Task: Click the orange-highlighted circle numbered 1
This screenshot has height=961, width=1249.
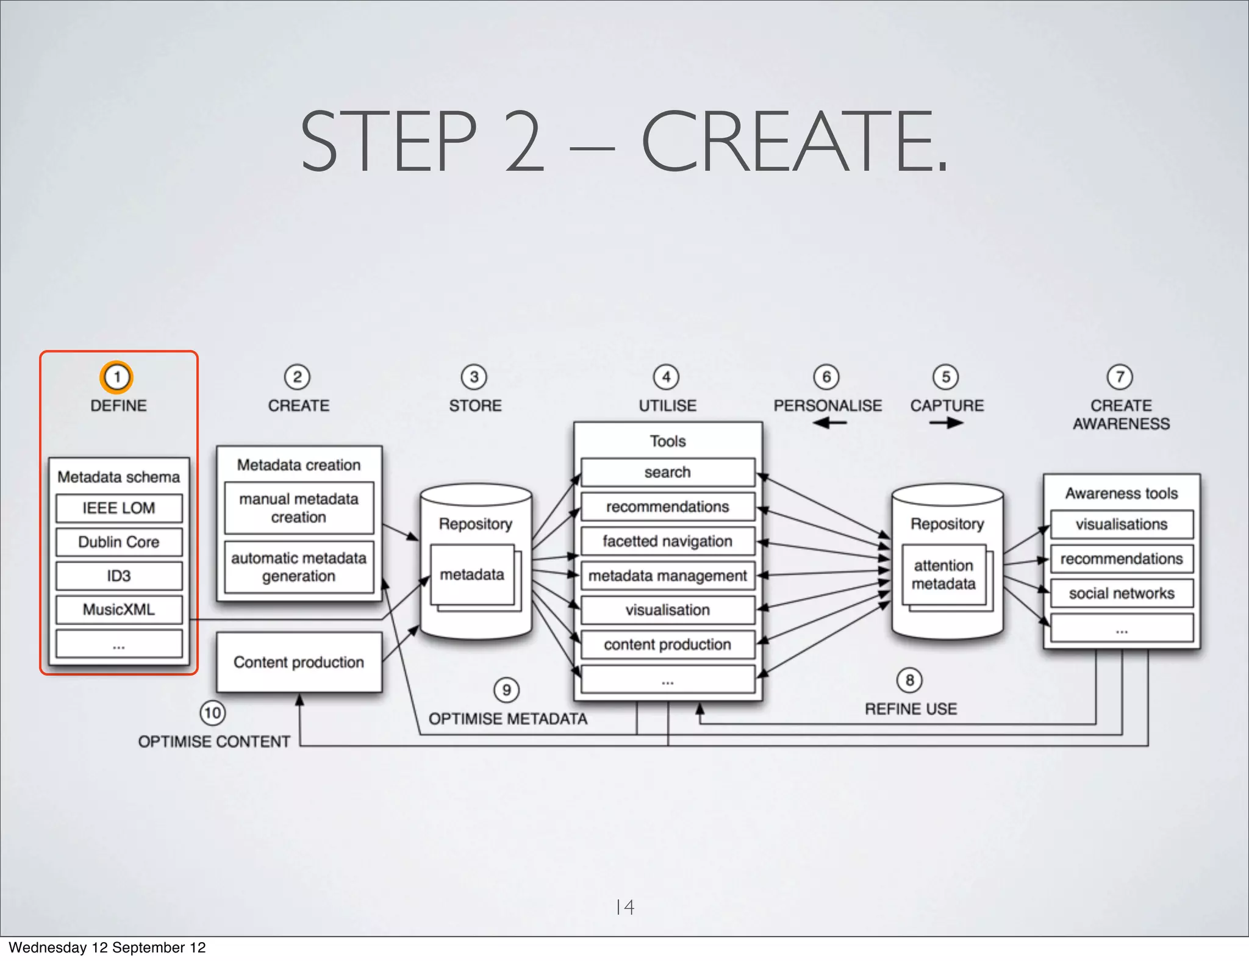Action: click(x=116, y=377)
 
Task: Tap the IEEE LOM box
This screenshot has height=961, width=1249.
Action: click(x=119, y=508)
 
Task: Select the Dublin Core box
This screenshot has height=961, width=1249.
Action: click(x=119, y=542)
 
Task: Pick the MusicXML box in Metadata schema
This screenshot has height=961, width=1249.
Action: click(x=119, y=609)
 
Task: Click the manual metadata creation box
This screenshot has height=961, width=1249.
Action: click(x=299, y=508)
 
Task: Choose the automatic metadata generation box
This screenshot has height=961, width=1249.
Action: click(x=299, y=567)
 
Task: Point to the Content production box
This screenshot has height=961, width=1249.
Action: click(x=299, y=662)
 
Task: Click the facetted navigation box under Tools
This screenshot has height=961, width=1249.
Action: click(x=668, y=541)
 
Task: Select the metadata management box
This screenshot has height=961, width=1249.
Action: click(x=668, y=576)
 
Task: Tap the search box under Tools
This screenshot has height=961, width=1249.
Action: click(x=668, y=473)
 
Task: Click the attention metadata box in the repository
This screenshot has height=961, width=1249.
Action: click(x=943, y=575)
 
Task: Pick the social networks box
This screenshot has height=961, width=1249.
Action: click(x=1122, y=593)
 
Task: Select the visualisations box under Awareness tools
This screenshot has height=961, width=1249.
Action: click(x=1122, y=524)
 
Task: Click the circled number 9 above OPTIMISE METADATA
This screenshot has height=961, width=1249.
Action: click(x=506, y=690)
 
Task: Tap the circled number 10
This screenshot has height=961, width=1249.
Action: click(x=212, y=713)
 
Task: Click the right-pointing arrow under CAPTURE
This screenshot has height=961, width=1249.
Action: click(x=947, y=423)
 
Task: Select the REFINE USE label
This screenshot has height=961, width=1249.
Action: click(x=911, y=709)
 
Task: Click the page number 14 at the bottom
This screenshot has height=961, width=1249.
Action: click(x=625, y=907)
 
